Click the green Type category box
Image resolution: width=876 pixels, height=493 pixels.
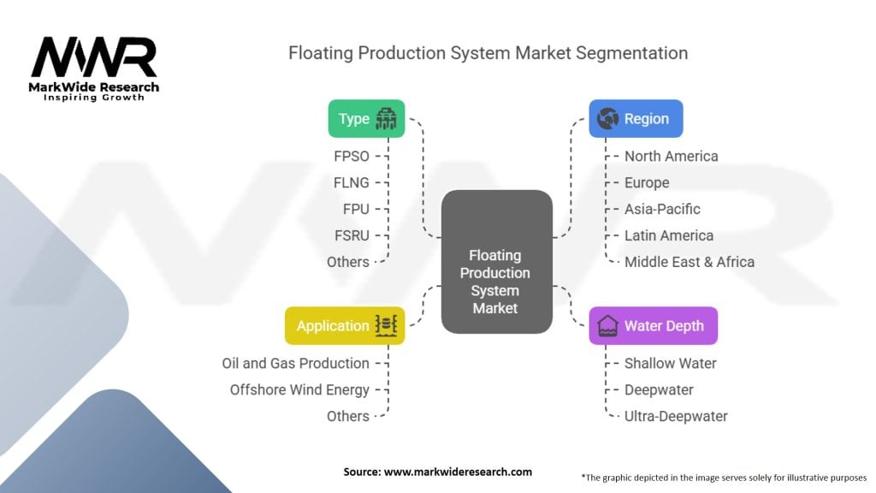366,118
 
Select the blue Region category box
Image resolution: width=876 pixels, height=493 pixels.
636,118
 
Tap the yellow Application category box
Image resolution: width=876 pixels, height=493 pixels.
345,326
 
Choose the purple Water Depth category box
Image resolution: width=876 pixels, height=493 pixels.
653,326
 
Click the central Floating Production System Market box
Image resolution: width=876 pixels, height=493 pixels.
497,262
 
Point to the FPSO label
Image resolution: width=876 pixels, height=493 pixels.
352,157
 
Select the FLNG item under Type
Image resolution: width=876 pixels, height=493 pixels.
352,183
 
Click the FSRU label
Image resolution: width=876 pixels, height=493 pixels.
352,236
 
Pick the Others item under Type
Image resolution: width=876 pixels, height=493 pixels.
348,262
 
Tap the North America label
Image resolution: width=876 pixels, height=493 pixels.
671,157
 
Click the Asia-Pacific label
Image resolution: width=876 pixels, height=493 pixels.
662,209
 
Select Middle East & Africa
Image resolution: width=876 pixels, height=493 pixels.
690,262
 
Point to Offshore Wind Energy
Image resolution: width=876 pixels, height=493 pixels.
299,390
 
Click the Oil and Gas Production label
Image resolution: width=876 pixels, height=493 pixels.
295,363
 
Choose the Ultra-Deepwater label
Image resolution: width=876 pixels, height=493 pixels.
676,417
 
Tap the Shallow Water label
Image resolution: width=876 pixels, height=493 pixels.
671,363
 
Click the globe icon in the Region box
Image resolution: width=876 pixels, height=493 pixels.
607,118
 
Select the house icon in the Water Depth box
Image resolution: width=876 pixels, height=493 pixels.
607,326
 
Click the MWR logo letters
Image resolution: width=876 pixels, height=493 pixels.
94,57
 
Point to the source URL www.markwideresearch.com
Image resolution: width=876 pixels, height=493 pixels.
459,472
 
